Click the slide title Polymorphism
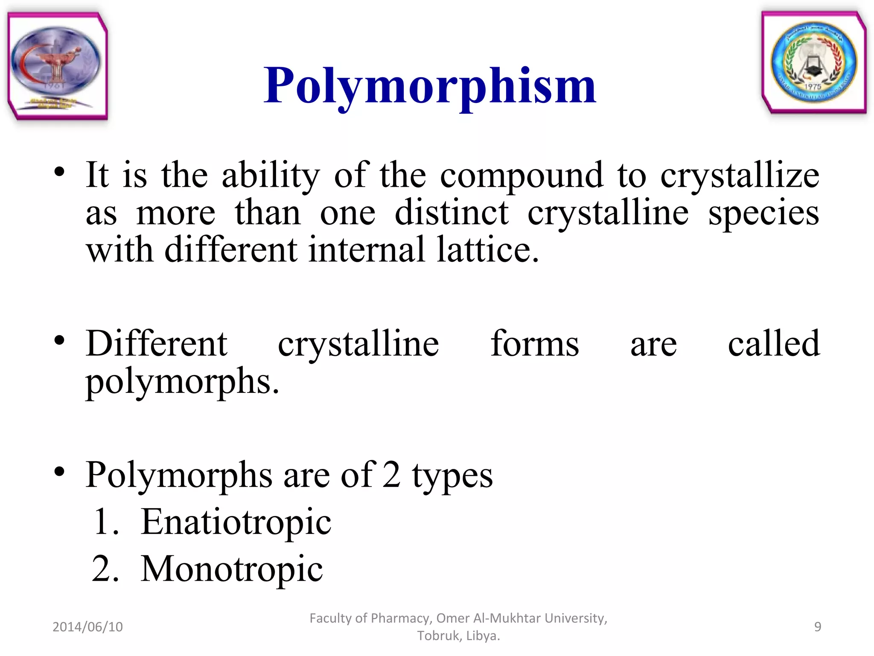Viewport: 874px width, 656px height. tap(429, 86)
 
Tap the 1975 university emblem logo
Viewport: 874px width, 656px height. tap(813, 62)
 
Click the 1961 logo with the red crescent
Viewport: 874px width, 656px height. tap(57, 66)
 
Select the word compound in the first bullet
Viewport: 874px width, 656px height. tap(521, 176)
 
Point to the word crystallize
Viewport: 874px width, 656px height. tap(740, 176)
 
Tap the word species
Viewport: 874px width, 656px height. tap(763, 214)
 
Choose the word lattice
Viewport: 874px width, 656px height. tap(487, 249)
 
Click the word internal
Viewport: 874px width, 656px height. tap(367, 249)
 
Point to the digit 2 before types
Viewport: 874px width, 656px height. tap(391, 475)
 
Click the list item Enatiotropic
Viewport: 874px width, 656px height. tap(236, 522)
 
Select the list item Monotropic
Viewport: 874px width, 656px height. tap(232, 569)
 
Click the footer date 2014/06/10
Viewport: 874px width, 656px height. tap(87, 627)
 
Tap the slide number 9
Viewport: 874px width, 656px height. tap(817, 627)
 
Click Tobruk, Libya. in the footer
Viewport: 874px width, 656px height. tap(458, 636)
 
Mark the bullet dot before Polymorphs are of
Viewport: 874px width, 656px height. tap(59, 471)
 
